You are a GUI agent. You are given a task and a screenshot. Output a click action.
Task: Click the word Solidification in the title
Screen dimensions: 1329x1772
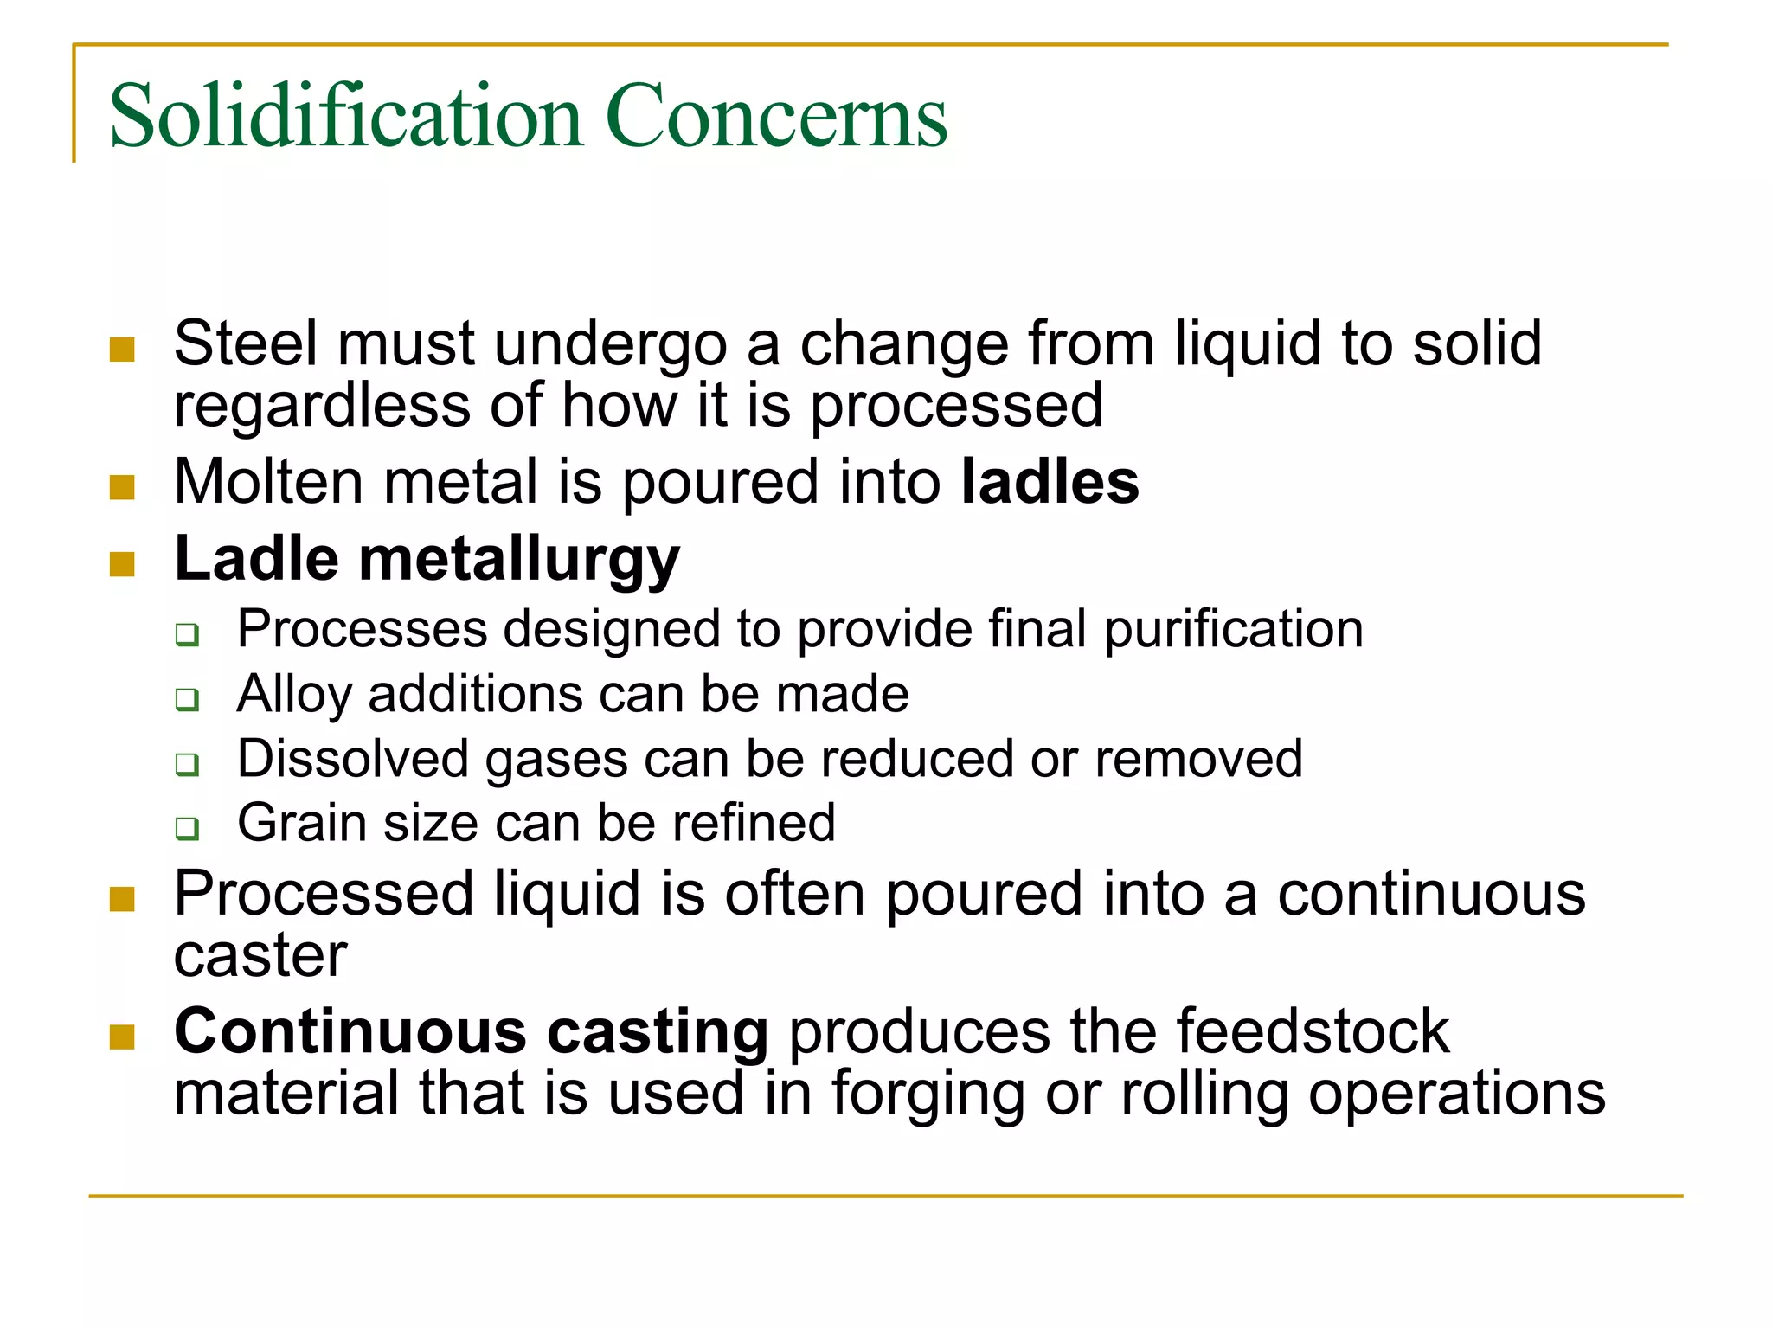(345, 117)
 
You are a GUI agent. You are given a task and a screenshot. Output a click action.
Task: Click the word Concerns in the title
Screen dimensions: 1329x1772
(776, 117)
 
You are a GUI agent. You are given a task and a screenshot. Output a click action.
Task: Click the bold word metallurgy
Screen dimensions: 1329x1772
(519, 561)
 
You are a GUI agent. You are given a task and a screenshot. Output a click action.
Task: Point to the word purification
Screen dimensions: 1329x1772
(1234, 629)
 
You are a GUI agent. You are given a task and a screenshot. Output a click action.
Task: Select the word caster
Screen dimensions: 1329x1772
(260, 955)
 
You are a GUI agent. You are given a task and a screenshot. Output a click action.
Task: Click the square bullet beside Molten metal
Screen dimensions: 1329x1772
(123, 487)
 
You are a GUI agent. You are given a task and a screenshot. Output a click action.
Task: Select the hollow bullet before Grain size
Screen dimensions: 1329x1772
(187, 828)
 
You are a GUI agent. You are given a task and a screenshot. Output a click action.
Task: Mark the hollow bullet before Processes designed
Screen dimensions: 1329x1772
(187, 634)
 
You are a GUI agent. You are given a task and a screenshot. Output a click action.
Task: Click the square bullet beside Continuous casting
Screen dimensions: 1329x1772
(123, 1037)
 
